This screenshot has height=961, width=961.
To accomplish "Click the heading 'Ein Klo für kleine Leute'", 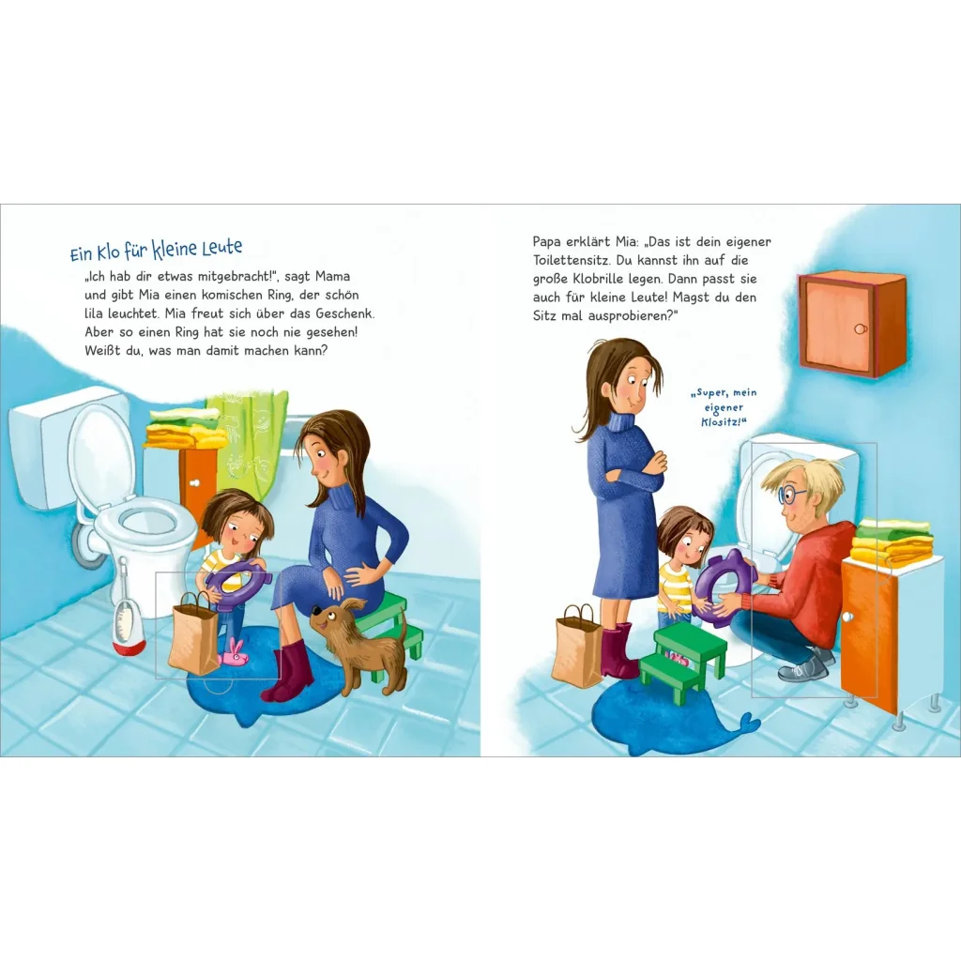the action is (157, 250).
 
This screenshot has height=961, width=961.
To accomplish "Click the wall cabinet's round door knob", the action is (861, 329).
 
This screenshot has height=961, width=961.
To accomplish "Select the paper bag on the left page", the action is (193, 633).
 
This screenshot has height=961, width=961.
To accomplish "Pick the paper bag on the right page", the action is (577, 645).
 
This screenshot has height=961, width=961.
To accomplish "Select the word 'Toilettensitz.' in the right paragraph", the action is (571, 260).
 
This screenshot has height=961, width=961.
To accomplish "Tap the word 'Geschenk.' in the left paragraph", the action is (345, 313).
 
